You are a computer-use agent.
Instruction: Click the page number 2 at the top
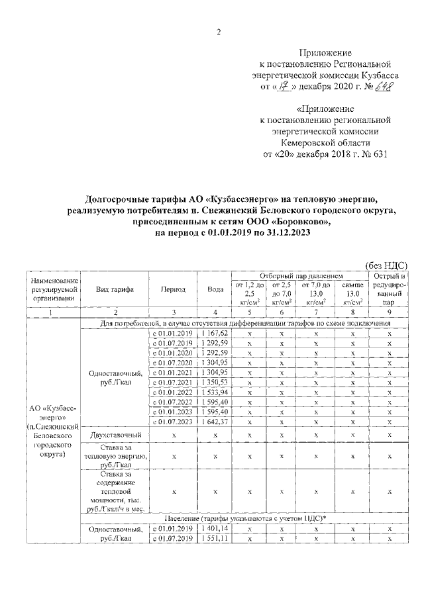point(218,34)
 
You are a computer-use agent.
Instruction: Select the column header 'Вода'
point(215,289)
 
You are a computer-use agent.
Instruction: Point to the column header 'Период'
point(172,289)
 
